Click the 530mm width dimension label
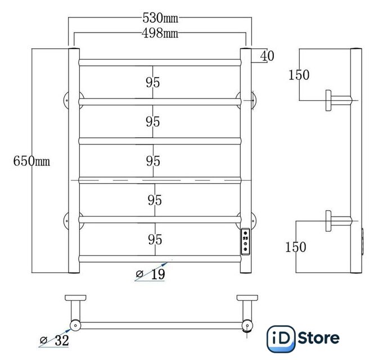coord(160,18)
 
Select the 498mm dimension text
coord(160,33)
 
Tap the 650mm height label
coord(31,161)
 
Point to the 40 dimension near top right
coord(267,56)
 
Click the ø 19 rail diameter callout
coord(151,274)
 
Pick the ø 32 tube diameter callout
coord(55,340)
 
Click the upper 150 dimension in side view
coord(299,75)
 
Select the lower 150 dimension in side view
coord(295,247)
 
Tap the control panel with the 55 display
coord(245,241)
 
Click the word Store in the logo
coord(319,338)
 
